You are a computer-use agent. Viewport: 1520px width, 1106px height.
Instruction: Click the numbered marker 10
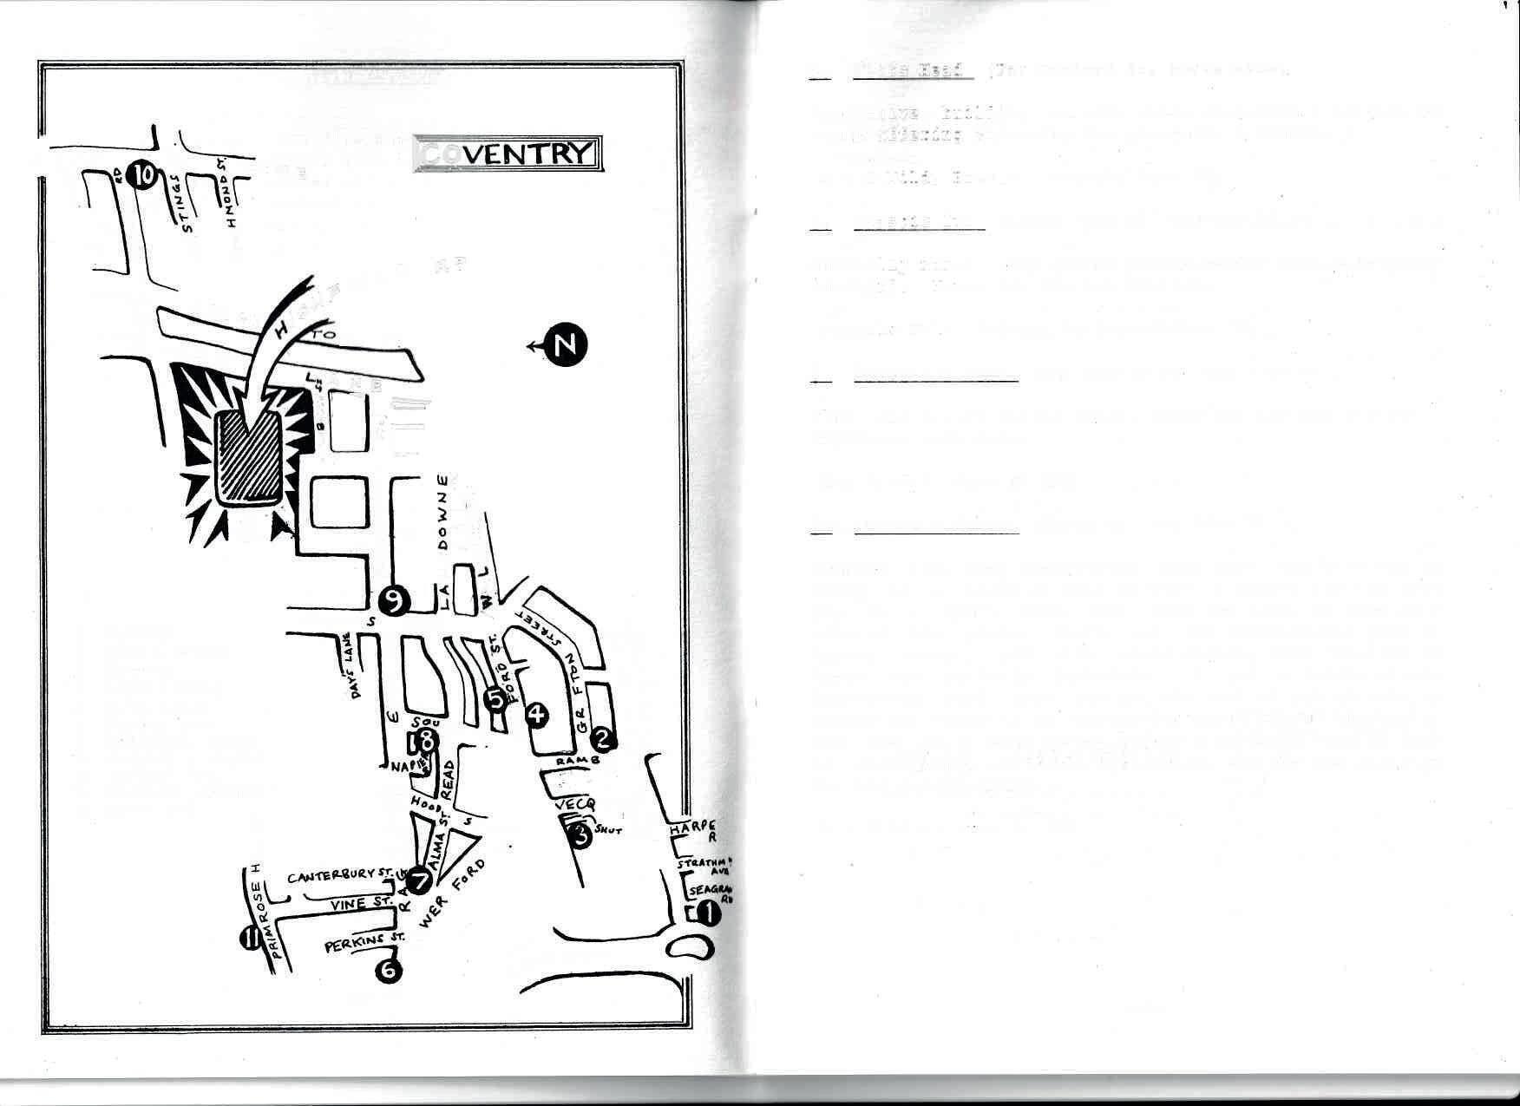[x=141, y=175]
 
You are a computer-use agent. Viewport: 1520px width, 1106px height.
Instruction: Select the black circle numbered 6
[x=388, y=969]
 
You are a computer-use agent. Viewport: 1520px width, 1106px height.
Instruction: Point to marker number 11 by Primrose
[x=252, y=938]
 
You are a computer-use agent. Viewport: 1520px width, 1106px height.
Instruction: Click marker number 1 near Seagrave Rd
[x=708, y=913]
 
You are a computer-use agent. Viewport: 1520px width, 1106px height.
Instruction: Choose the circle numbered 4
[x=538, y=714]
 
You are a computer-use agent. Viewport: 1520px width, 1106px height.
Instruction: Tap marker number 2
[x=602, y=738]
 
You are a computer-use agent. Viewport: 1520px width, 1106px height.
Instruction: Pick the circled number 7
[x=420, y=881]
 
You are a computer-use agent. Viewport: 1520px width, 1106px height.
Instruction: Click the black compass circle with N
[x=565, y=344]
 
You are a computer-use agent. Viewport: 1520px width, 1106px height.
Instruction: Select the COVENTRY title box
[x=506, y=153]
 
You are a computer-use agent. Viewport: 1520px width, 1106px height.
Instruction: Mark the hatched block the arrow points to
[x=248, y=457]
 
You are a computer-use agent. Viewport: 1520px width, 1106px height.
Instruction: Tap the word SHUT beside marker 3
[x=609, y=831]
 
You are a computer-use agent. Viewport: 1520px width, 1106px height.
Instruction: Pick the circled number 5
[x=495, y=698]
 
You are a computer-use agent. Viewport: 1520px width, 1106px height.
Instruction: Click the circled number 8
[x=425, y=740]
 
